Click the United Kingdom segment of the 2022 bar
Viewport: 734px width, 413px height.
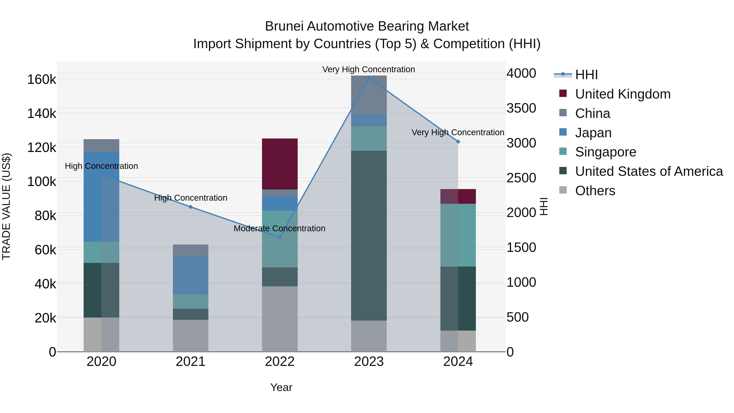280,164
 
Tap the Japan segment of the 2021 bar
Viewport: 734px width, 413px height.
190,275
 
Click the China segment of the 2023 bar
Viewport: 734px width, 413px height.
369,95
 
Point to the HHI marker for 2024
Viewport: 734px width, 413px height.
458,142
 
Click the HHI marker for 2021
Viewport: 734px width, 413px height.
190,207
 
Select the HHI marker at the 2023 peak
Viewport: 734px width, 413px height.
369,78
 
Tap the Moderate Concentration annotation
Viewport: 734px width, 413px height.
279,229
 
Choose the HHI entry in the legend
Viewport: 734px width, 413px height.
586,75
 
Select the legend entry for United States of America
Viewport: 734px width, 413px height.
649,171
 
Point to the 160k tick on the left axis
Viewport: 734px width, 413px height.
42,80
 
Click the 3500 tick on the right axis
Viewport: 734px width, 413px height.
521,108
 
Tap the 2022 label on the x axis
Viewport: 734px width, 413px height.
280,362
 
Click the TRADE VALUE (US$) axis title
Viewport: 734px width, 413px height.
6,206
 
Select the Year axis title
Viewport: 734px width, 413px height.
281,387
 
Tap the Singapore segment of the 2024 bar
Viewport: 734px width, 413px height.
458,235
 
